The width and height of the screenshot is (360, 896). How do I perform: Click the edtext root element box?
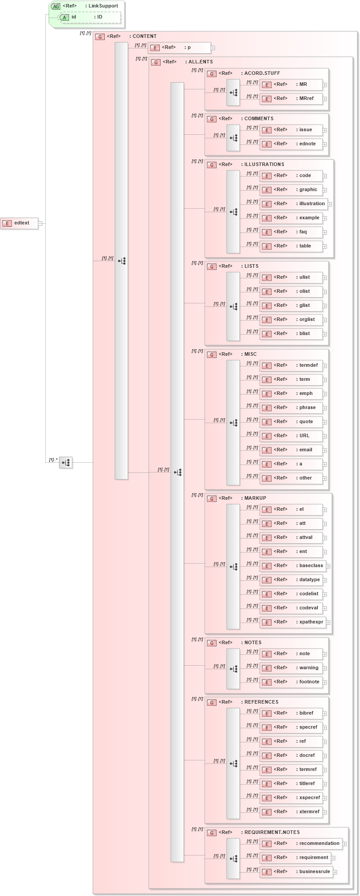point(19,223)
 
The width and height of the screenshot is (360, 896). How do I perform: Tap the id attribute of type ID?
point(90,17)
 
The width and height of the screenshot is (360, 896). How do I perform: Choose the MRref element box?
point(291,99)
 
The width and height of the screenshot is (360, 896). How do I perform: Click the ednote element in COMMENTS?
point(291,144)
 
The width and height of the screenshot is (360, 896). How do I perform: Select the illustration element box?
point(293,204)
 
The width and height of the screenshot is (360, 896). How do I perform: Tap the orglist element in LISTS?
point(291,320)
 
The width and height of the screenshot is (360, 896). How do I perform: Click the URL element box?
point(291,436)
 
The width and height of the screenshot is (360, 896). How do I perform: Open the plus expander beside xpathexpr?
point(328,623)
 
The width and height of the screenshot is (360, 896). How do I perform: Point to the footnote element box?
point(291,682)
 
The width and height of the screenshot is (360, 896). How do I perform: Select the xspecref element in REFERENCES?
point(291,798)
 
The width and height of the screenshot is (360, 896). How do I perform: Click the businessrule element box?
point(296,872)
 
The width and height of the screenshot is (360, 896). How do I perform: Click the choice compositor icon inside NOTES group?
point(233,669)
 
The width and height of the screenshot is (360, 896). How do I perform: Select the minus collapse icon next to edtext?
point(40,223)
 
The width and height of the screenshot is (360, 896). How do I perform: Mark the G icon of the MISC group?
point(212,354)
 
